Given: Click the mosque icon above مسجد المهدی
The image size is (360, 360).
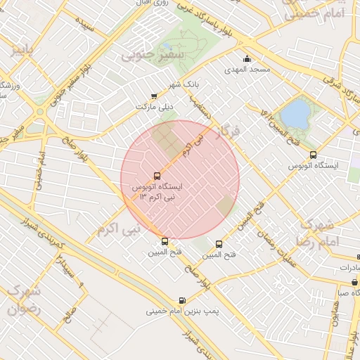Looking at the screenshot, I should [x=247, y=59].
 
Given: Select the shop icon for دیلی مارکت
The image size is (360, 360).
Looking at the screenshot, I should [x=154, y=96].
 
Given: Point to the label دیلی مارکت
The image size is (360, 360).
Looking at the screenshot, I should [x=154, y=107].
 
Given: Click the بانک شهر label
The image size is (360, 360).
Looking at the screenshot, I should [x=184, y=84].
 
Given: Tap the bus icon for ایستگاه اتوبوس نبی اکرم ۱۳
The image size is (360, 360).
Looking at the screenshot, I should [x=157, y=176].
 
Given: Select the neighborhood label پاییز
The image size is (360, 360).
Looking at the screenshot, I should [x=22, y=50].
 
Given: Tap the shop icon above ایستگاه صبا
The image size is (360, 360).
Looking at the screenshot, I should [x=354, y=282].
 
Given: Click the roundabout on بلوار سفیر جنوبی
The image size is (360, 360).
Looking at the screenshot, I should [x=40, y=111].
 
